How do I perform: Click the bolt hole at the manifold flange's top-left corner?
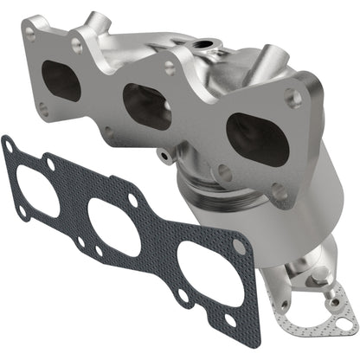click(32, 36)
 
